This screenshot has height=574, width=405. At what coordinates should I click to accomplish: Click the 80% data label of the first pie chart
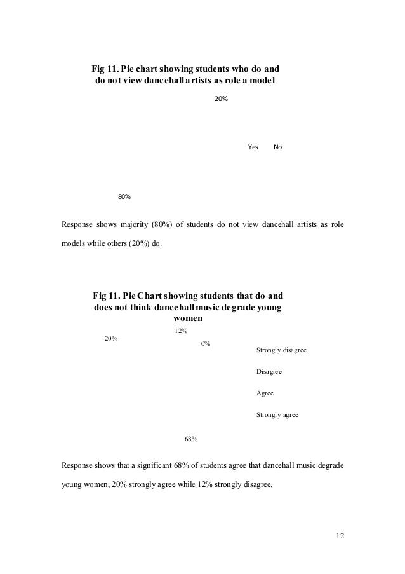coord(124,196)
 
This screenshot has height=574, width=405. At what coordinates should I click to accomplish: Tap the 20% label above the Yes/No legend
coord(222,100)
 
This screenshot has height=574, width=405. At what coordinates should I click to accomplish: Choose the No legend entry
coord(277,147)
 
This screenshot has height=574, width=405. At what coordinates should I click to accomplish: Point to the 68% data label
coord(191,439)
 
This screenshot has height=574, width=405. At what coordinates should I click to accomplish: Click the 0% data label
coord(206,344)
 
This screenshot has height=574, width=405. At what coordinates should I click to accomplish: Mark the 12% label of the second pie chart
coord(180,331)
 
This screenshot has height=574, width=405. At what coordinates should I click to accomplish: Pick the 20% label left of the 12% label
coord(111,338)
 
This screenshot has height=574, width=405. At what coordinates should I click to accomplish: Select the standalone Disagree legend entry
coord(269,371)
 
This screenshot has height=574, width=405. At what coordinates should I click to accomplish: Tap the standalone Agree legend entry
coord(265,393)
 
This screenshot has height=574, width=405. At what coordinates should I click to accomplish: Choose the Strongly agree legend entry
coord(277,415)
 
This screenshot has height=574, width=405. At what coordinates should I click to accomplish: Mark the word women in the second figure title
coord(188,318)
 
